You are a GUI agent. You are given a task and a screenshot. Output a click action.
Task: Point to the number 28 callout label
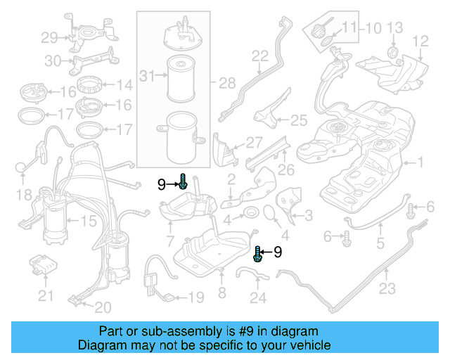pos(227,84)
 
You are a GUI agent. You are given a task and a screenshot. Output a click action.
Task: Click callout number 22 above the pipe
pos(260,56)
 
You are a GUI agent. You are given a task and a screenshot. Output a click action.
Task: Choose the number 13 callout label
pos(394,28)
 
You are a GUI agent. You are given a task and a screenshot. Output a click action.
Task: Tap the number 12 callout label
pos(420,41)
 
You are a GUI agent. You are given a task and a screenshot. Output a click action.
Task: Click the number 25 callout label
pos(299,120)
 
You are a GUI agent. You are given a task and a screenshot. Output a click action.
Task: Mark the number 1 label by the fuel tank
pos(421,163)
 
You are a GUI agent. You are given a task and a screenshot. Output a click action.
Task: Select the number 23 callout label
pos(387,288)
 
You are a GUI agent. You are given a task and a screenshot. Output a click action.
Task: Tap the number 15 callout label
pos(88,221)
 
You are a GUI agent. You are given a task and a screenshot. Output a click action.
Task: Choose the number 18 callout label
pos(23,194)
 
